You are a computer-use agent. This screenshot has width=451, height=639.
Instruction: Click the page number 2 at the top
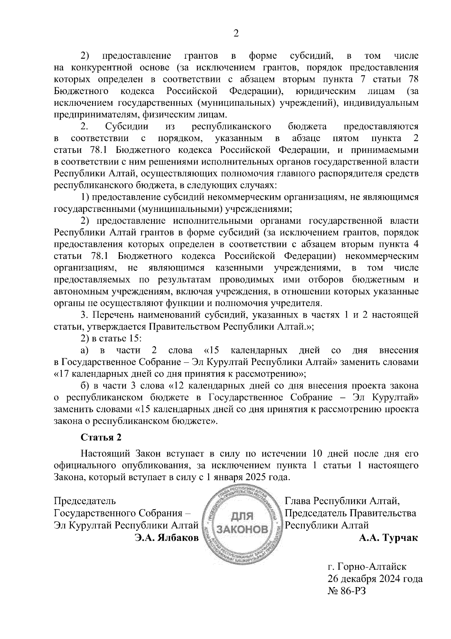tap(236, 33)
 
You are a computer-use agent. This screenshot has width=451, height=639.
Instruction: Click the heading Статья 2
tap(101, 437)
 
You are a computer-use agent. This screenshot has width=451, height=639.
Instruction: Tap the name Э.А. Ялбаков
tap(167, 538)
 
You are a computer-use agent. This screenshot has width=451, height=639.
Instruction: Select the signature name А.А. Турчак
tap(388, 538)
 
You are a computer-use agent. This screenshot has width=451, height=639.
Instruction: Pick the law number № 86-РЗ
tap(346, 591)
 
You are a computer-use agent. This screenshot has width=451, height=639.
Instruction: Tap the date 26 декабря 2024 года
tap(375, 578)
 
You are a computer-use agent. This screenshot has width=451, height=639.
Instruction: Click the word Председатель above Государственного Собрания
tap(85, 501)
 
